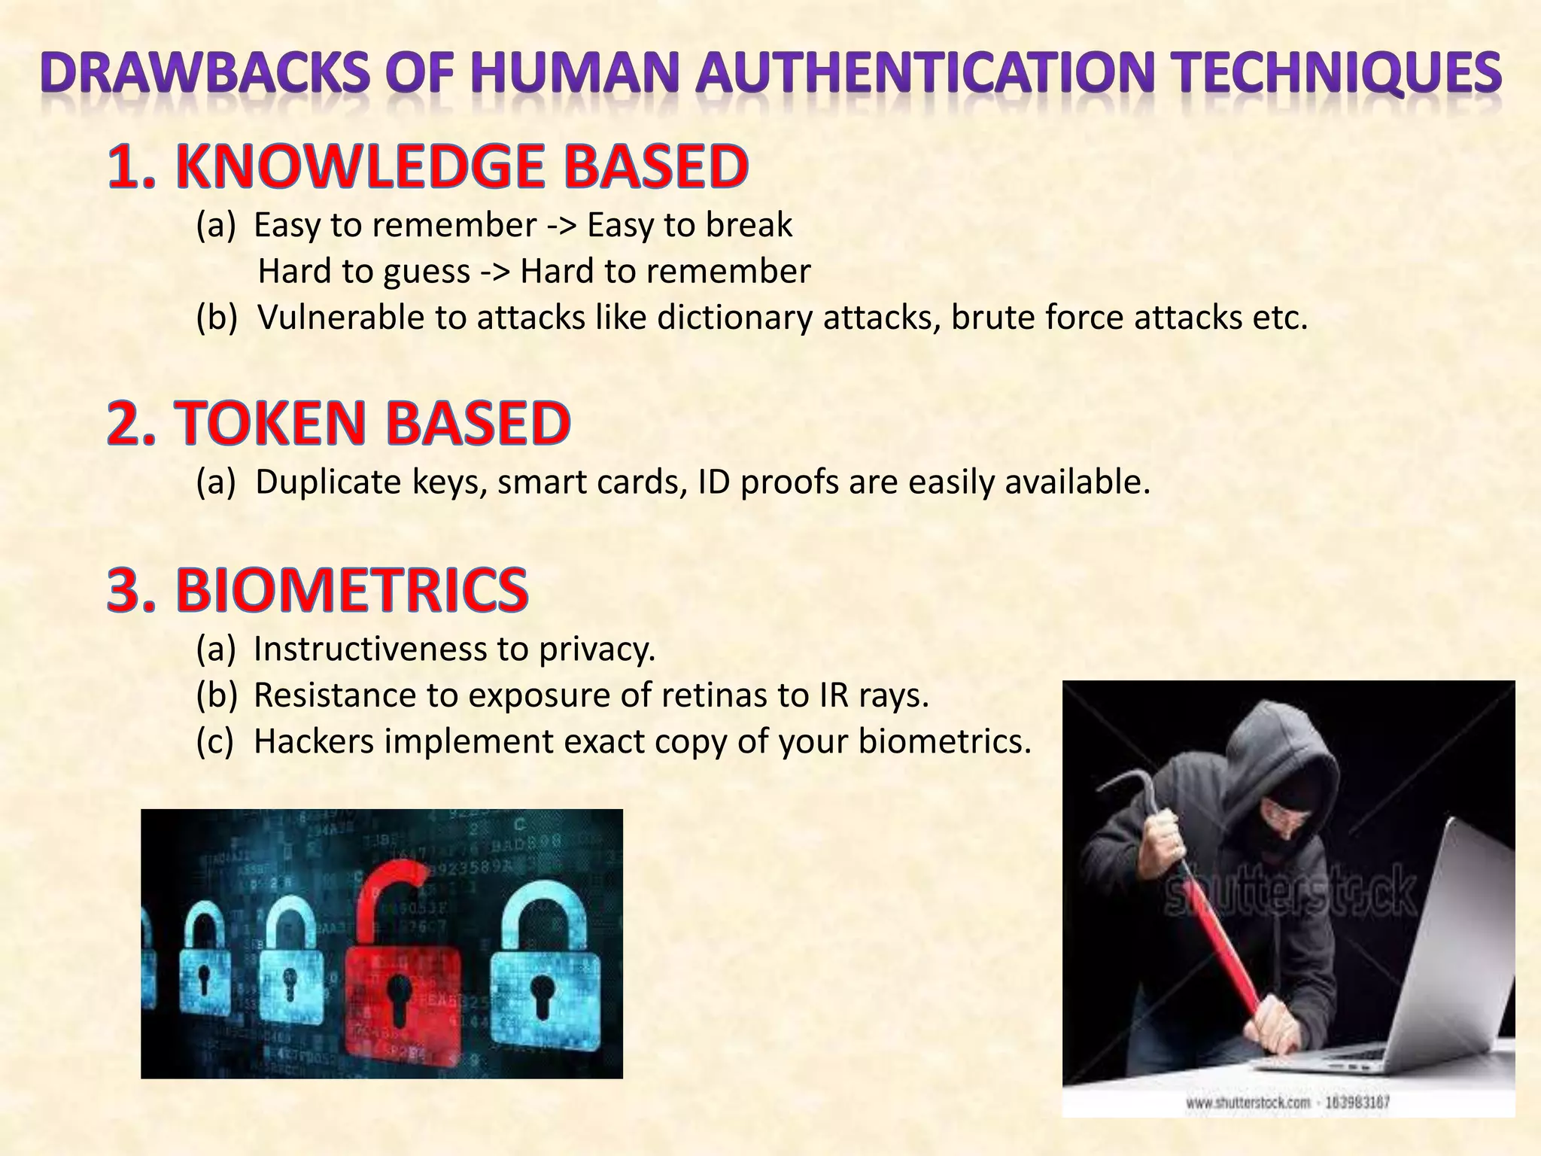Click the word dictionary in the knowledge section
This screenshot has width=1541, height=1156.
click(x=735, y=318)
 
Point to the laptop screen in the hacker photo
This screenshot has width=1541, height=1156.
click(x=1430, y=941)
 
